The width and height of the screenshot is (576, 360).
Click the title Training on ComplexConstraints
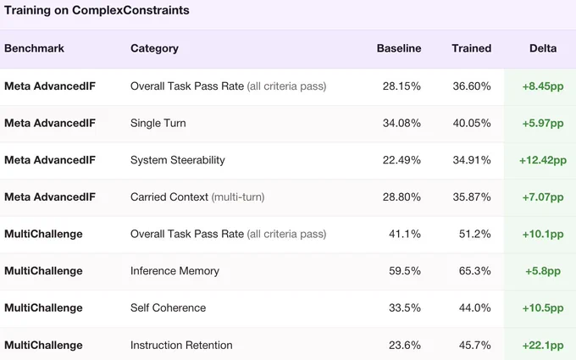click(97, 10)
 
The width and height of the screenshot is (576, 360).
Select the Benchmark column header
click(34, 48)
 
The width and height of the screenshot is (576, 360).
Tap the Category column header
click(154, 48)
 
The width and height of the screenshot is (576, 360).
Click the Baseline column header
click(399, 48)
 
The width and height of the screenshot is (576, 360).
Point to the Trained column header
click(472, 48)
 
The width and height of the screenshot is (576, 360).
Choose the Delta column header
click(543, 48)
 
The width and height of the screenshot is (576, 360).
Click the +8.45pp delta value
click(543, 86)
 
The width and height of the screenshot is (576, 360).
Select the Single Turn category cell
click(158, 123)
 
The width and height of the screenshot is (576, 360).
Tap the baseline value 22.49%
click(402, 160)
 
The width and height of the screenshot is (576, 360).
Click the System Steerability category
click(177, 160)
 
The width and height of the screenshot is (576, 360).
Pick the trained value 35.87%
click(472, 197)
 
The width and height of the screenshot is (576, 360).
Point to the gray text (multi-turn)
click(238, 197)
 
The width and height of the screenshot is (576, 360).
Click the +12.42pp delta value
click(543, 160)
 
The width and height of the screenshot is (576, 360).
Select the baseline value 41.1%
click(405, 234)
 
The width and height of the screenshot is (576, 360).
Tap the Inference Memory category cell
click(174, 271)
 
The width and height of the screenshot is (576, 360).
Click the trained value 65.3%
click(474, 271)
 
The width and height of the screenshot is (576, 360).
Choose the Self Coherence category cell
click(169, 307)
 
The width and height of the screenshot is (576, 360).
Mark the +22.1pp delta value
click(543, 346)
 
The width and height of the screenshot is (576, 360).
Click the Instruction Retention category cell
click(181, 346)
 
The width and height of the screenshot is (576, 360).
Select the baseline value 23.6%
click(405, 346)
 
